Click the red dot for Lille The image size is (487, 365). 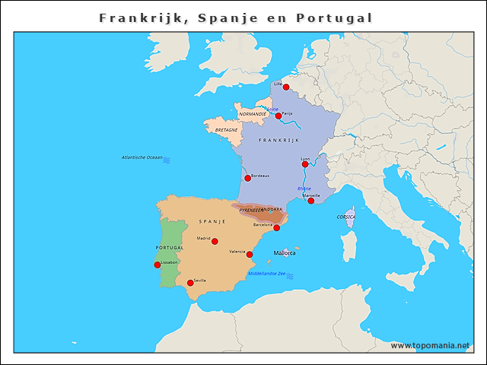click(286, 87)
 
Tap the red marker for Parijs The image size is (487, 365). click(279, 116)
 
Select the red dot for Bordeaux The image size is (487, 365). click(247, 178)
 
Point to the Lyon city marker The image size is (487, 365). click(305, 164)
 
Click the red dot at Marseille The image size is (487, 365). click(311, 201)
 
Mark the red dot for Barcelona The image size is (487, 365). click(277, 228)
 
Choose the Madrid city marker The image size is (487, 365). click(215, 242)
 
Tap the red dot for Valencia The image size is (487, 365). click(250, 255)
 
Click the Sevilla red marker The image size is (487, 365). click(190, 284)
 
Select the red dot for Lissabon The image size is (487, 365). click(158, 265)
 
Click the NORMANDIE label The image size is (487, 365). click(253, 114)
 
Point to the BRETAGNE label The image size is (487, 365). click(226, 130)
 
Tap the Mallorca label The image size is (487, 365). click(285, 252)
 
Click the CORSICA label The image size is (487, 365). click(346, 217)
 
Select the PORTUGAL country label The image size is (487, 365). click(169, 248)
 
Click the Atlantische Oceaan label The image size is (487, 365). click(142, 157)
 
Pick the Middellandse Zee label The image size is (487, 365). click(266, 274)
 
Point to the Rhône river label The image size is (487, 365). click(304, 189)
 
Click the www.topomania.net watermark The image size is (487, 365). click(430, 346)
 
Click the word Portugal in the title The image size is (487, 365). click(335, 17)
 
